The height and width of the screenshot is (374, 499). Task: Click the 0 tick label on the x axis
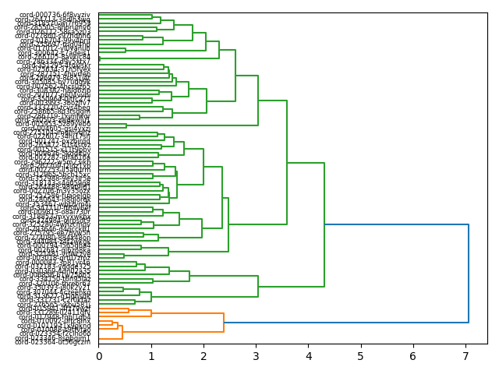(x=99, y=356)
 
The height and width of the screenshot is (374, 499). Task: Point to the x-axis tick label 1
(x=151, y=356)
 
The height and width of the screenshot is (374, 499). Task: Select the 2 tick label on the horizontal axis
(x=203, y=356)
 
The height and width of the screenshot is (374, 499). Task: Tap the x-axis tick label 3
(x=256, y=356)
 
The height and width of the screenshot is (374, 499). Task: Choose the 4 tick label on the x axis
(x=308, y=356)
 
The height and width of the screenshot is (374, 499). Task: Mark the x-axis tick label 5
(x=360, y=356)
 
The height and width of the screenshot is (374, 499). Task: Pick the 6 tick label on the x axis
(x=412, y=356)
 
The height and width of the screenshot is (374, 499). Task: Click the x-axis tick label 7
(x=465, y=356)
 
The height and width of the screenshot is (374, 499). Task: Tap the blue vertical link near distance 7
(x=469, y=273)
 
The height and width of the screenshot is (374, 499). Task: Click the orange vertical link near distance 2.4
(x=224, y=322)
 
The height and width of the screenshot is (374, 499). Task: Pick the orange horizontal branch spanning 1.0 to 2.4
(x=187, y=313)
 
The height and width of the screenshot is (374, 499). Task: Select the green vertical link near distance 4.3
(x=324, y=224)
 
